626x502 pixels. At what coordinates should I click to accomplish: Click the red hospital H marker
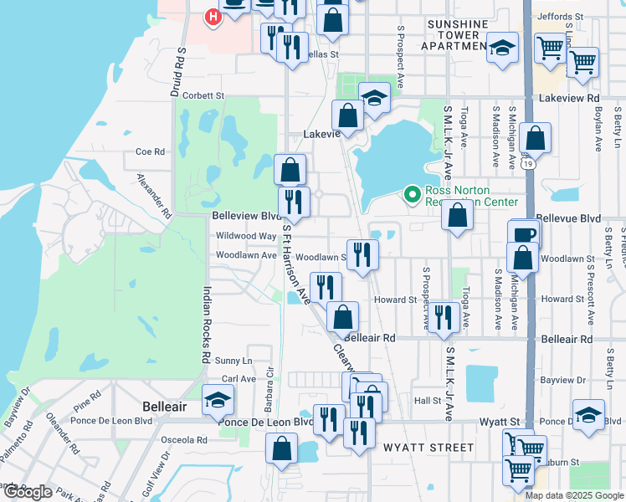click(x=213, y=16)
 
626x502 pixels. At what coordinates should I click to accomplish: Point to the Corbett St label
click(x=198, y=96)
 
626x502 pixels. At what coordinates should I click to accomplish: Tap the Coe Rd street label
click(x=151, y=151)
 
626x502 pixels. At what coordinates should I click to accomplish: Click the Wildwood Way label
click(x=245, y=236)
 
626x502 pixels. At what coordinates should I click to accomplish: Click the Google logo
click(x=28, y=492)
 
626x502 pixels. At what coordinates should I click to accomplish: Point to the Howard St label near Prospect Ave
click(x=395, y=300)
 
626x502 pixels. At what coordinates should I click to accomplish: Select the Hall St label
click(x=427, y=401)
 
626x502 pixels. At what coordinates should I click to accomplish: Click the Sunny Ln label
click(x=233, y=361)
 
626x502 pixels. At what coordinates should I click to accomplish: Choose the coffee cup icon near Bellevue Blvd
click(x=524, y=234)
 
